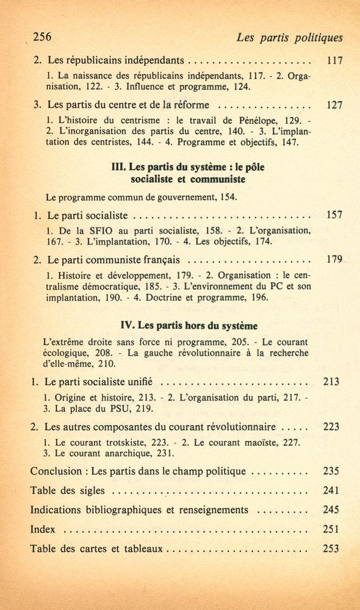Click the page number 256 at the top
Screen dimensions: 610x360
pos(42,37)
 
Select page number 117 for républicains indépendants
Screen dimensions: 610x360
pos(334,61)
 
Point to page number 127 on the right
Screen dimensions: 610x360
pos(334,105)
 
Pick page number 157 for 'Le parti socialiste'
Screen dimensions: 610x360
pos(334,215)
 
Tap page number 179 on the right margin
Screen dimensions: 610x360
pos(334,259)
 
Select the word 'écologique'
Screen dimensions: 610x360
pos(68,353)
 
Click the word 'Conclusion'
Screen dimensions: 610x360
pos(56,472)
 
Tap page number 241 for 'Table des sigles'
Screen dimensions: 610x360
pos(331,490)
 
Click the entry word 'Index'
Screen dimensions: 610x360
pos(43,529)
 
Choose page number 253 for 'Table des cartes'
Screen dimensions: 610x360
pos(331,548)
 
